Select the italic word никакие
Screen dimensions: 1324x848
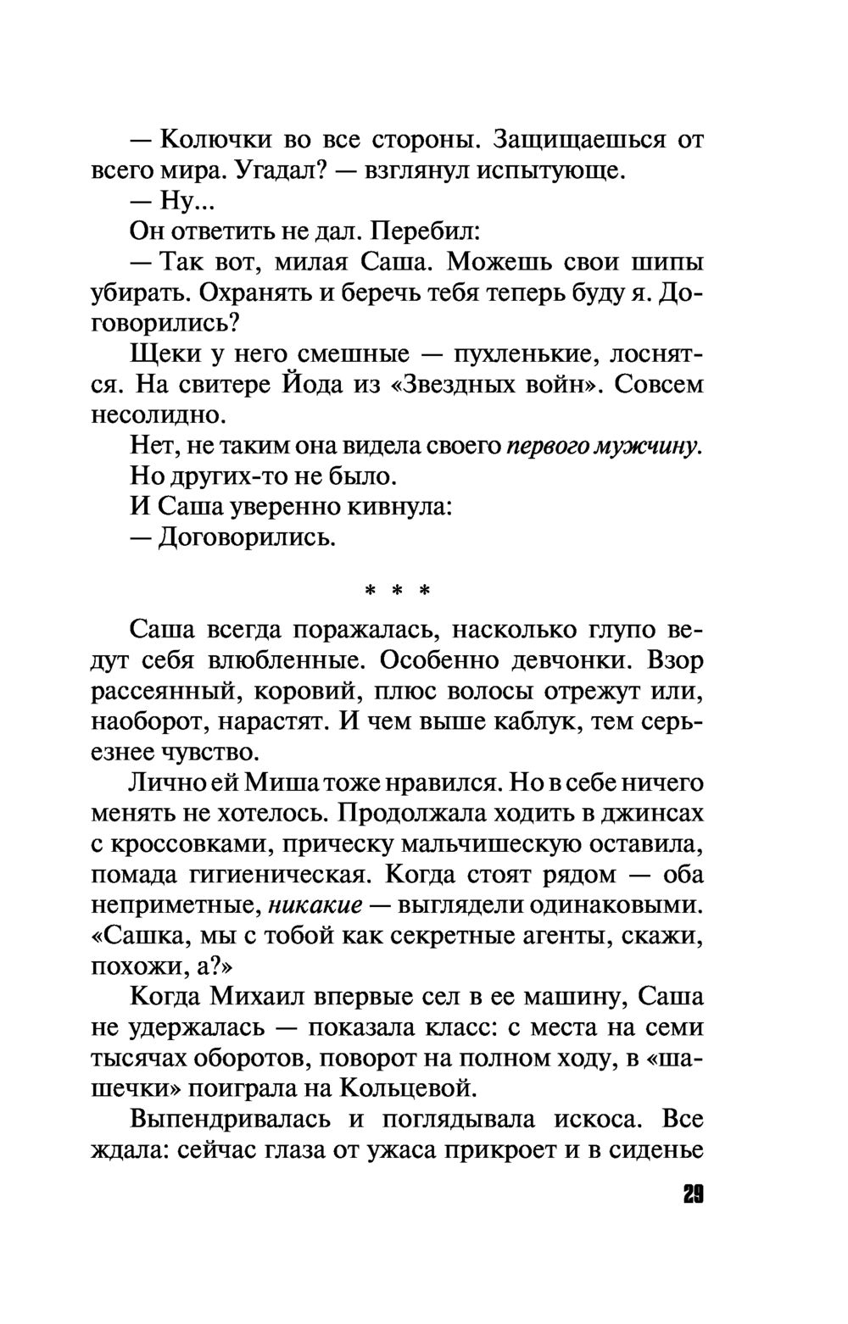315,905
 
